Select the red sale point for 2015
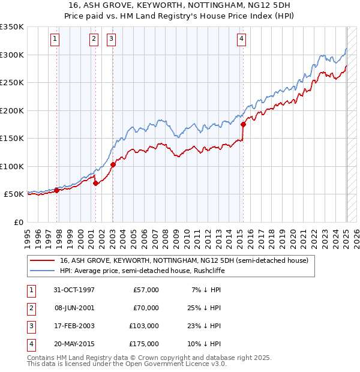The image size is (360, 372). pyautogui.click(x=243, y=125)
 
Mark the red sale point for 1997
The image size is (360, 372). pyautogui.click(x=57, y=190)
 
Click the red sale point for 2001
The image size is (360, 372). pyautogui.click(x=96, y=183)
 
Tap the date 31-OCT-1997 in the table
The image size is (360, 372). pyautogui.click(x=74, y=290)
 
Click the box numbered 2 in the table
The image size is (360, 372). pyautogui.click(x=31, y=308)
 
